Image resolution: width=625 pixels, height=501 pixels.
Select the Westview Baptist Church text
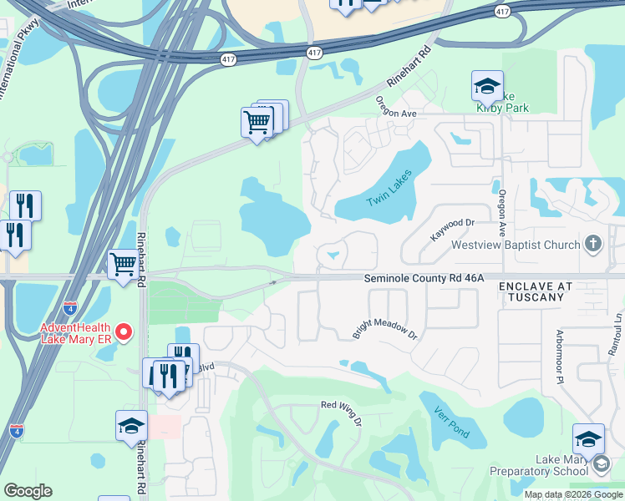(x=516, y=245)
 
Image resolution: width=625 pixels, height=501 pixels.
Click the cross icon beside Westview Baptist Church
(x=593, y=244)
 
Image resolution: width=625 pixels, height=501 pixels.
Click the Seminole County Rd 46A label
(x=424, y=279)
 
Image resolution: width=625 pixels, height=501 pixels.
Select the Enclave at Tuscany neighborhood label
(x=536, y=291)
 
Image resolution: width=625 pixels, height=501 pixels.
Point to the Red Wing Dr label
(x=341, y=411)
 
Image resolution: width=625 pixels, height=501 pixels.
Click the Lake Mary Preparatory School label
(x=550, y=466)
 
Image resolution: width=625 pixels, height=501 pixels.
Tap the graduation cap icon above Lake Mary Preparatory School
(x=588, y=438)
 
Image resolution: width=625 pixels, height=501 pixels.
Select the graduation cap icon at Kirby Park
(x=487, y=85)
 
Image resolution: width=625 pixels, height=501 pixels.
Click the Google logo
(x=28, y=491)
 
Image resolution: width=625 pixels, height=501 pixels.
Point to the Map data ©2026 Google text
(x=572, y=494)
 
